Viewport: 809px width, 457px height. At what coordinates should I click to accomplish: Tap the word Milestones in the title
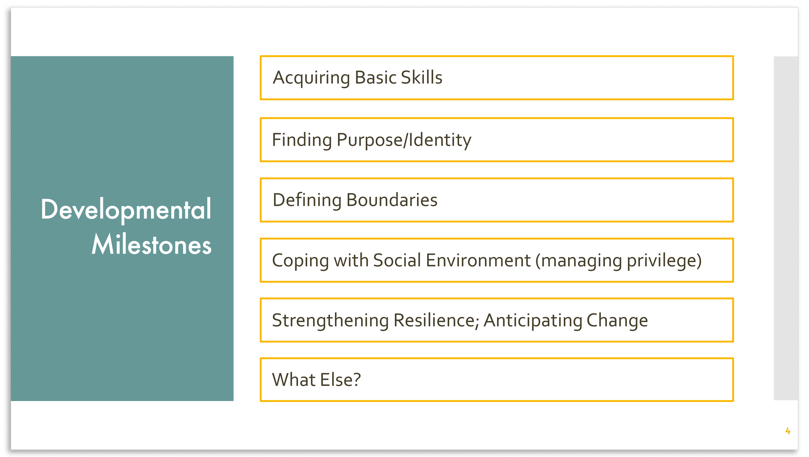pos(151,245)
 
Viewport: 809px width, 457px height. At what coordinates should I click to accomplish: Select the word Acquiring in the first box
pos(311,78)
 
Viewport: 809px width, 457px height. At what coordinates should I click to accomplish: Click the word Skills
pos(421,78)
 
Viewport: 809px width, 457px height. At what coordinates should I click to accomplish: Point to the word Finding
pos(302,140)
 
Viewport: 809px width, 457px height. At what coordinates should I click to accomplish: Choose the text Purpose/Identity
pos(404,140)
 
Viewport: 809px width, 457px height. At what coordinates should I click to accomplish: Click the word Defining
pos(307,200)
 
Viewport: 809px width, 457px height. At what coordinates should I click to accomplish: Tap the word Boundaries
pos(392,200)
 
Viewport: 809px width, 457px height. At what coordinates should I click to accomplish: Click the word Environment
pos(478,260)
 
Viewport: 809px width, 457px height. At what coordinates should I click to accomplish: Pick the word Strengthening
pos(330,321)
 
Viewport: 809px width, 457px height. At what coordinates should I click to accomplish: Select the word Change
pos(617,321)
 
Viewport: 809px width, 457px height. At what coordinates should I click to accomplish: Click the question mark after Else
pos(356,380)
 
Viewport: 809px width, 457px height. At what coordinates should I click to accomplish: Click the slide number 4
pos(788,431)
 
